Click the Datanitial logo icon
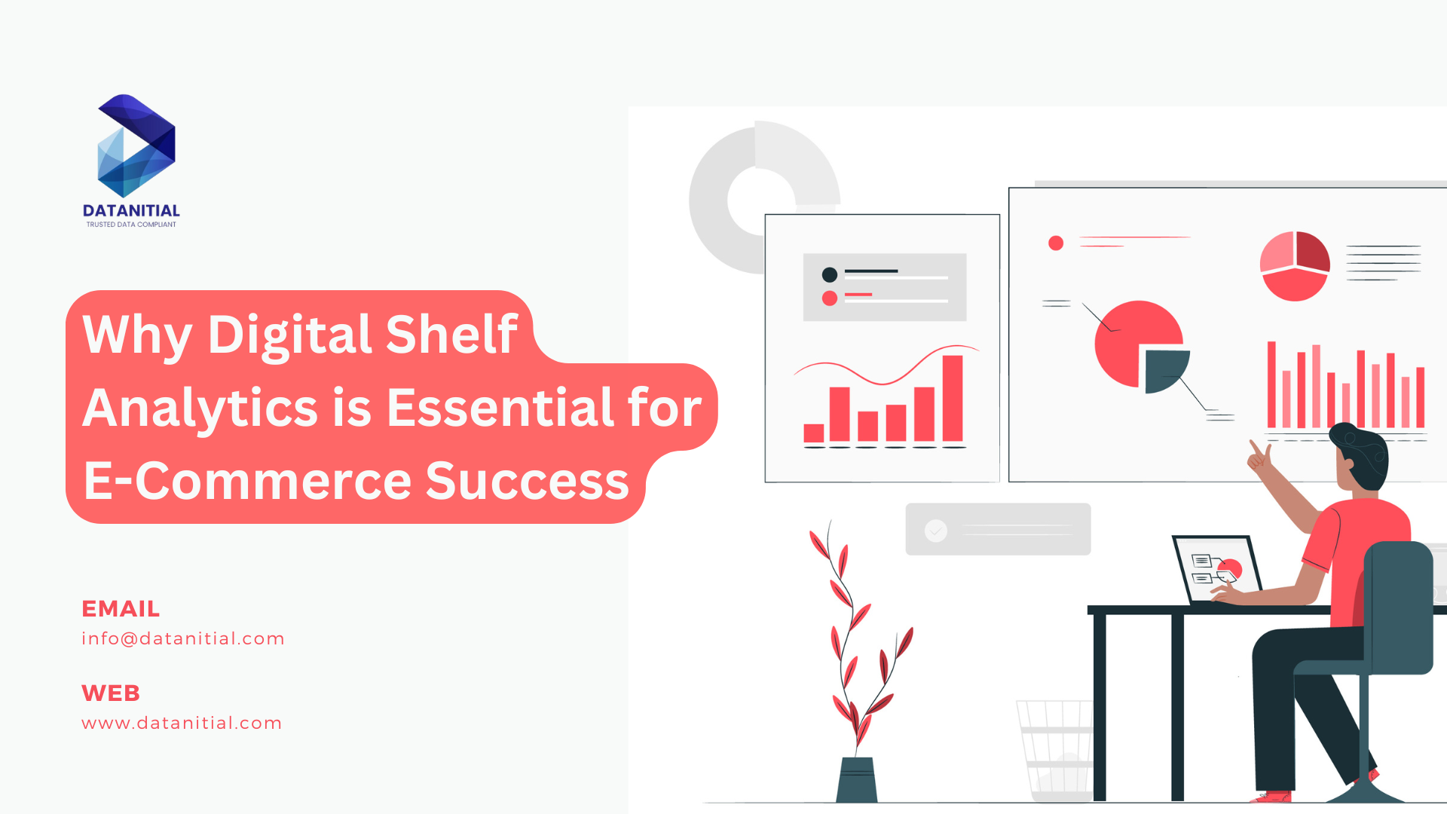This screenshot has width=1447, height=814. coord(136,146)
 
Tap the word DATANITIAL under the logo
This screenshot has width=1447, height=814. coord(131,211)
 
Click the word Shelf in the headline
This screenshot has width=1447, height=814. coord(451,334)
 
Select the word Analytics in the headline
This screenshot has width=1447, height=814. coord(200,408)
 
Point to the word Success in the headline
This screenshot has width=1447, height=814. coord(527,481)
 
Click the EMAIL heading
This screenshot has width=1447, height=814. coord(121,608)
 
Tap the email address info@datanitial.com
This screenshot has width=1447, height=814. coord(183,638)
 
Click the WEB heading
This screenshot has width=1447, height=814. coord(111,693)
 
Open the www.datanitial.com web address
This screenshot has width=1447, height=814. coord(182,723)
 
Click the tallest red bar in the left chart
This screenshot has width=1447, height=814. coord(953,398)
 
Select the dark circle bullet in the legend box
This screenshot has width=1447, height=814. coord(830,274)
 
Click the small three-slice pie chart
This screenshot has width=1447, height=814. coord(1295,266)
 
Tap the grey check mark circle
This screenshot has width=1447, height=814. coord(936,531)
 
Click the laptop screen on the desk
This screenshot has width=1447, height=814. coord(1216,568)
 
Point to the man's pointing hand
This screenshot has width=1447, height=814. coord(1259,457)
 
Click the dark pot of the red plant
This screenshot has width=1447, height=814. coord(857,779)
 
